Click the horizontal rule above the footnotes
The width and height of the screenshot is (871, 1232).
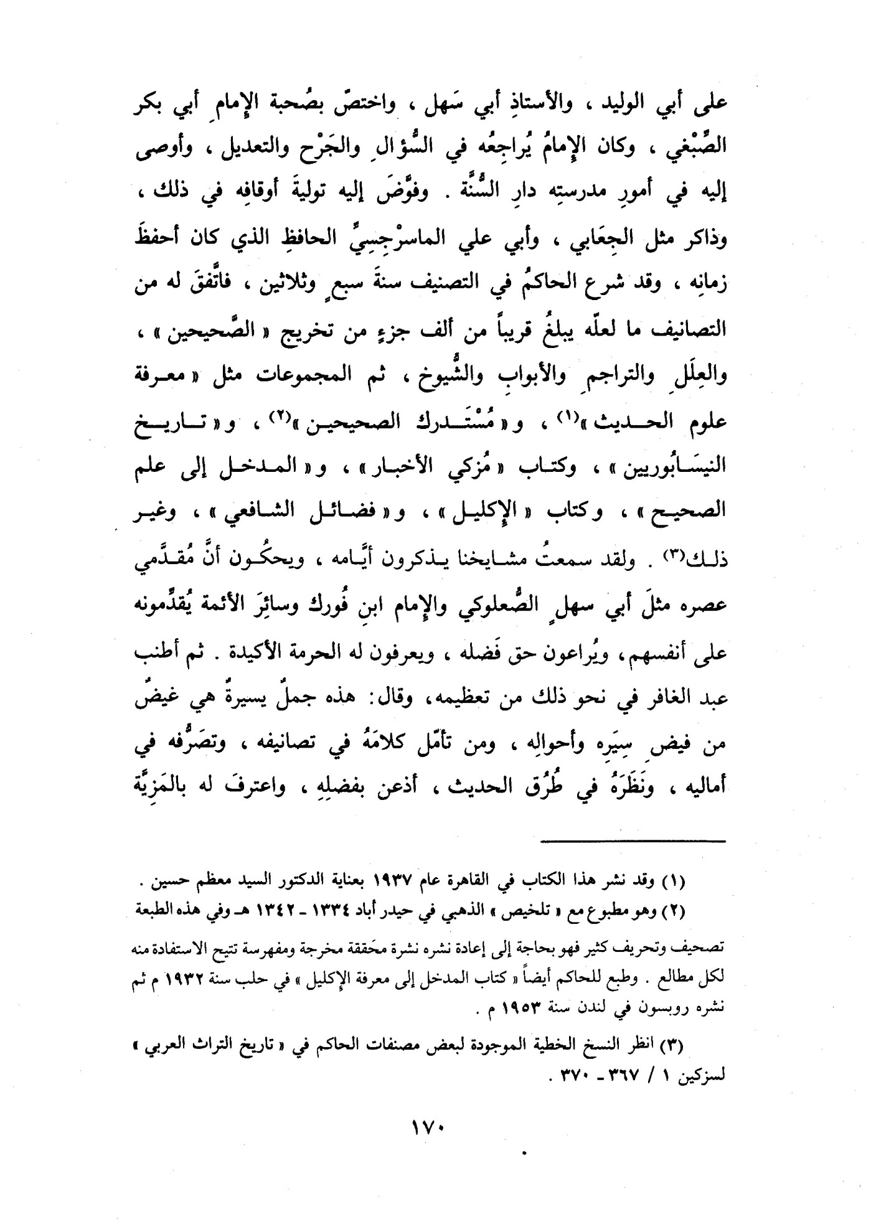click(634, 843)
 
